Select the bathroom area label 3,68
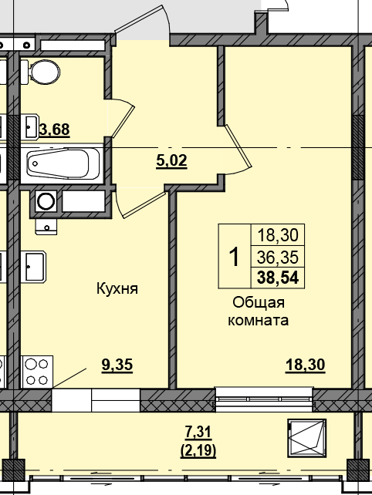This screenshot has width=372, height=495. pos(54,130)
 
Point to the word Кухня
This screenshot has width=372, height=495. pos(117,289)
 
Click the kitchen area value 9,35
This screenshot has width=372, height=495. pos(117,365)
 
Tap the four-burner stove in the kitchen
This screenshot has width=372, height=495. pos(36,371)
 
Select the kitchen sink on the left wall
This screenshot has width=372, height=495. pos(34,268)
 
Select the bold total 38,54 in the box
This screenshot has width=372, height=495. pos(279,276)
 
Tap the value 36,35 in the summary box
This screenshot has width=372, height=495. pos(279,257)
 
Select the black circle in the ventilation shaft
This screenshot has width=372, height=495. pos(46,202)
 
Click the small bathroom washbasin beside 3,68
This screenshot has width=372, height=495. pos(29,126)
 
